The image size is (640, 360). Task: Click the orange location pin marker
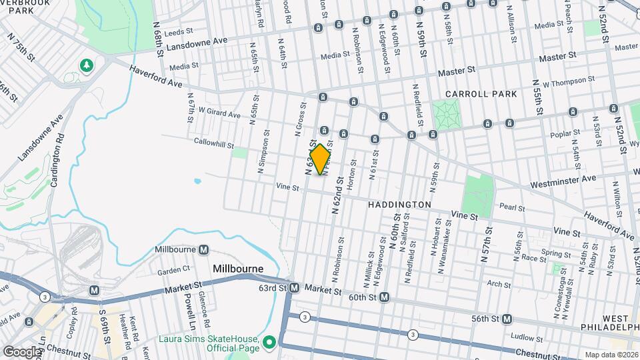(x=321, y=159)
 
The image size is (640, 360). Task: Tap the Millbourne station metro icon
(x=203, y=249)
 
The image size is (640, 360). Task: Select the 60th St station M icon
(x=384, y=297)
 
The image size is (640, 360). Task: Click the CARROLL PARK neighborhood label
(x=481, y=94)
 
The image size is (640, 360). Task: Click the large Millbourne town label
(x=239, y=269)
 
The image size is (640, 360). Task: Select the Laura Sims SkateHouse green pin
(x=269, y=343)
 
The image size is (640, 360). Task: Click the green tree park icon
(x=86, y=65)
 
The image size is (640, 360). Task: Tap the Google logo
(x=22, y=351)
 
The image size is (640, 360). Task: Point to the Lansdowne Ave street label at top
(x=197, y=43)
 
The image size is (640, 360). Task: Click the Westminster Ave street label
(x=563, y=180)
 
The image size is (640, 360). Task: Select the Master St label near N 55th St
(x=552, y=58)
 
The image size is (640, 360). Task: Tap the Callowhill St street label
(x=212, y=141)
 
